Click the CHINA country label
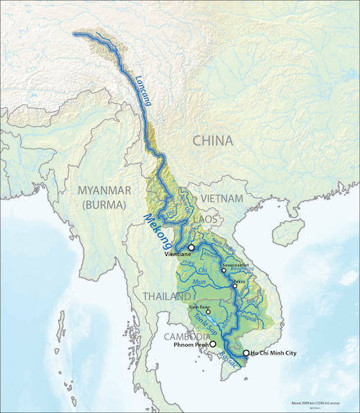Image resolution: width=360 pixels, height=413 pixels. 212,141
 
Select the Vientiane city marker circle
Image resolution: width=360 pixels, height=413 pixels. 192,247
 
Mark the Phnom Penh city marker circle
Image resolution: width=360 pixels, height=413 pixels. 212,345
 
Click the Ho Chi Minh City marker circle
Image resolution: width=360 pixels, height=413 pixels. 246,353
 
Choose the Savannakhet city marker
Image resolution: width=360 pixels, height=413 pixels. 224,270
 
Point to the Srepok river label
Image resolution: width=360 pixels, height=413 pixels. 257,315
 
